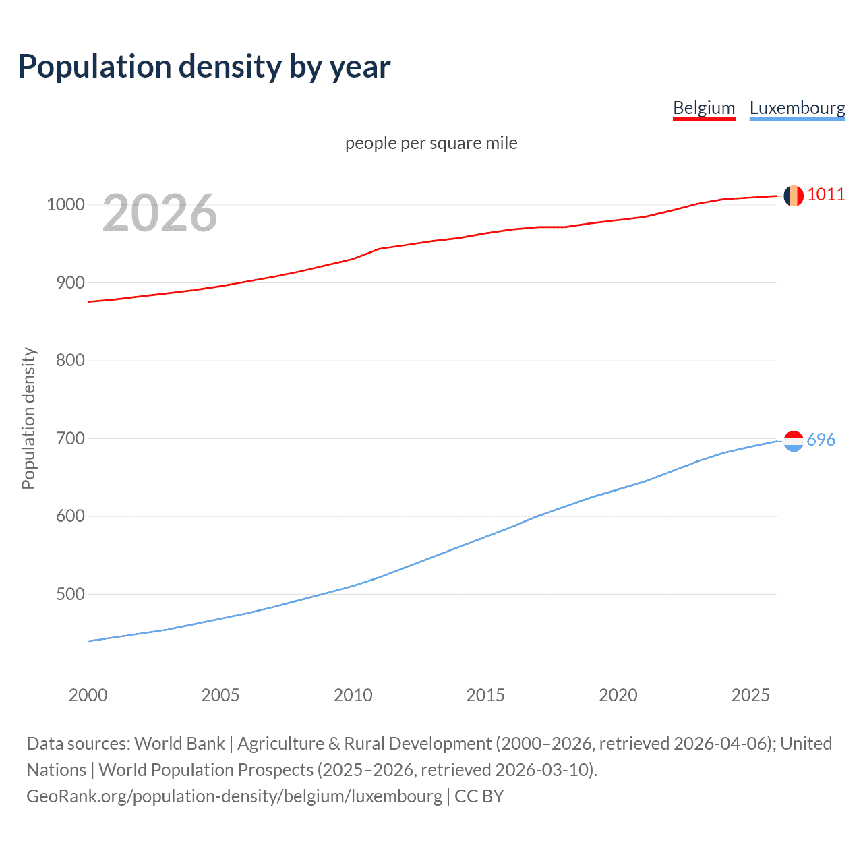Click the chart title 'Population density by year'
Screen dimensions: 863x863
(x=204, y=67)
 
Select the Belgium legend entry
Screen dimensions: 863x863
(x=704, y=108)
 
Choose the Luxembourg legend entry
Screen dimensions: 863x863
(x=797, y=108)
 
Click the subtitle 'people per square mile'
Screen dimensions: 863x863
(x=431, y=143)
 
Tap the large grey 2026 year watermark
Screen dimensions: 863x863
(x=160, y=213)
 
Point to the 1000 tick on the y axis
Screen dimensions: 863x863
(x=65, y=204)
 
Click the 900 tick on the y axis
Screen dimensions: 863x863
(x=70, y=282)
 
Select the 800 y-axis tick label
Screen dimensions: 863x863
(x=70, y=360)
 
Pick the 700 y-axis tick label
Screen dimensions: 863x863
(x=70, y=438)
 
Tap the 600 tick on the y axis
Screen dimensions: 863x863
(x=70, y=516)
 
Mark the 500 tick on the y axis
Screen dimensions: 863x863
(x=70, y=594)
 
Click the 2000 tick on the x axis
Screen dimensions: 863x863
(x=88, y=695)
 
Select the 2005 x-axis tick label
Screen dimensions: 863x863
(x=220, y=695)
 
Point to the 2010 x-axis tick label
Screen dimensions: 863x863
(x=353, y=695)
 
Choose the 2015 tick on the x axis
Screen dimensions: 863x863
(x=485, y=695)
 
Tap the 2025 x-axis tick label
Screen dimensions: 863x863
(x=750, y=695)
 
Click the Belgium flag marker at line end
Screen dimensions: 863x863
(x=794, y=196)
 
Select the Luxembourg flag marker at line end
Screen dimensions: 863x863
(x=794, y=441)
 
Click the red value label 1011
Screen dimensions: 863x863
(x=826, y=195)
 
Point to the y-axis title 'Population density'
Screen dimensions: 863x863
(x=28, y=418)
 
